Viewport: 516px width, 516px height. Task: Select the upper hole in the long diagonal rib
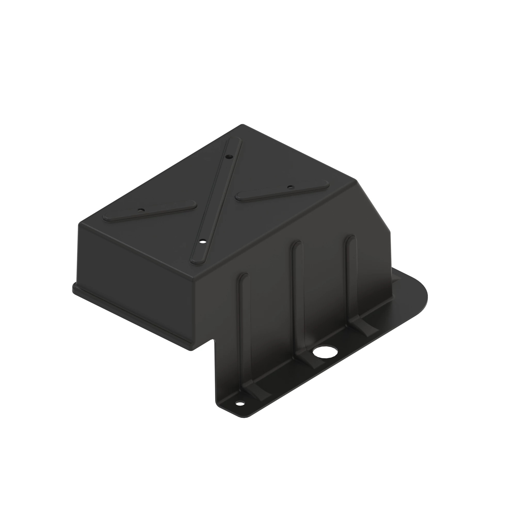click(x=229, y=157)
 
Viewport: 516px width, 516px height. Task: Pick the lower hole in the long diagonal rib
click(x=203, y=242)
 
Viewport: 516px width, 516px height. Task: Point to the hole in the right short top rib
click(x=291, y=187)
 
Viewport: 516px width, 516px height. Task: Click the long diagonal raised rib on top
click(x=216, y=200)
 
